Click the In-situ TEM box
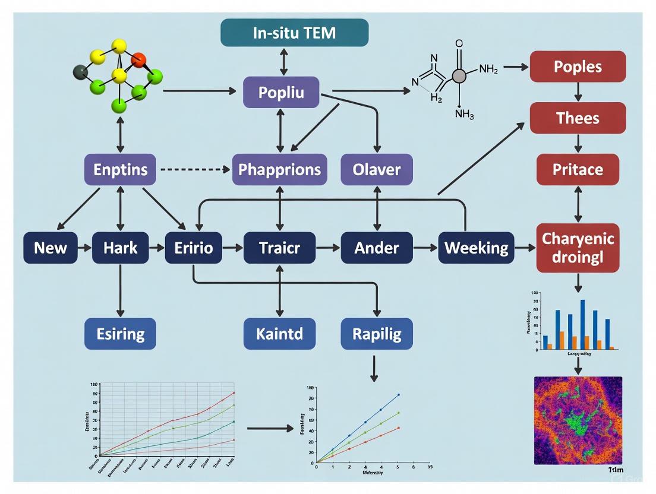(x=294, y=32)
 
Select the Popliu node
(x=281, y=93)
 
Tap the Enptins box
(x=121, y=169)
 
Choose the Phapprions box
(x=279, y=169)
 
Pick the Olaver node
(x=376, y=169)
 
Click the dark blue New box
(x=51, y=247)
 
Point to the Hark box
(x=120, y=247)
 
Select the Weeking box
(x=477, y=247)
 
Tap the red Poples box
(x=578, y=66)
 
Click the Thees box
(x=578, y=118)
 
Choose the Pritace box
(x=578, y=169)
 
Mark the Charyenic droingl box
(x=578, y=248)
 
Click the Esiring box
(x=120, y=333)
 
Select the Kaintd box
(x=279, y=333)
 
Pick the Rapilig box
(x=376, y=333)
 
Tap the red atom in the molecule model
(x=138, y=59)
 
